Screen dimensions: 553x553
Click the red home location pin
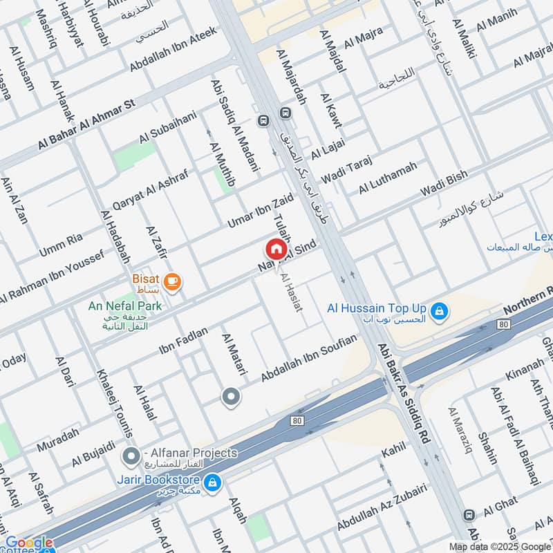[276, 249]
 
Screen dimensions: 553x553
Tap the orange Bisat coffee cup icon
[172, 281]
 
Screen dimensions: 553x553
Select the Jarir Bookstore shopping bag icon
[213, 480]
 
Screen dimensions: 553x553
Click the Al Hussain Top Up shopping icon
[437, 312]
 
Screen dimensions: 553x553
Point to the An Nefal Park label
[125, 305]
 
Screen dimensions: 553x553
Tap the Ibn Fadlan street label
[183, 339]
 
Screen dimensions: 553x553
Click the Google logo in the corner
[28, 543]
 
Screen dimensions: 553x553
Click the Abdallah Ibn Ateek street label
[173, 49]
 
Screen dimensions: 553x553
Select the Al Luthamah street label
[388, 178]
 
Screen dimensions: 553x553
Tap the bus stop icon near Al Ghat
[469, 515]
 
